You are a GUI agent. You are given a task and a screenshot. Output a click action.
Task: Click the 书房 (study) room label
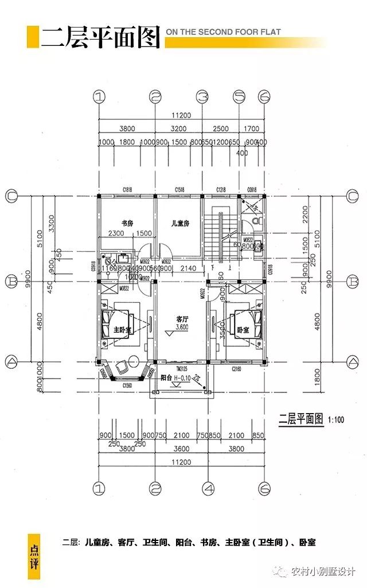tap(127, 223)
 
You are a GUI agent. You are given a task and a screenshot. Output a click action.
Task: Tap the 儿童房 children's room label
tap(179, 223)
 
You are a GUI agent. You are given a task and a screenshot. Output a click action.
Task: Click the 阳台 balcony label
tap(166, 377)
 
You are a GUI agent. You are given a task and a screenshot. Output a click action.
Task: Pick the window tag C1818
tap(127, 189)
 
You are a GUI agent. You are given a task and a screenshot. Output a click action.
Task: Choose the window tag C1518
tap(179, 189)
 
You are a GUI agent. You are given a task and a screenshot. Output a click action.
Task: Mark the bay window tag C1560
tap(127, 386)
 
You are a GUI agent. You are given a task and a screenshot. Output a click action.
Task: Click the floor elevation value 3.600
tap(182, 327)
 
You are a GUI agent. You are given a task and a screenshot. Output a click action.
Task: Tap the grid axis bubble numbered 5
tap(239, 96)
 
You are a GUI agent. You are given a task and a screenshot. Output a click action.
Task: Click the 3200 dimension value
tap(179, 129)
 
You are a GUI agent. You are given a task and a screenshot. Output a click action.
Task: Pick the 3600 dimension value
tap(182, 449)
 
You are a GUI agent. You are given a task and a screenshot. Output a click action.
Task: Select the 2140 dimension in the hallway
tap(188, 268)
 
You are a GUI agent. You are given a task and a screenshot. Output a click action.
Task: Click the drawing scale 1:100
tap(336, 419)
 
